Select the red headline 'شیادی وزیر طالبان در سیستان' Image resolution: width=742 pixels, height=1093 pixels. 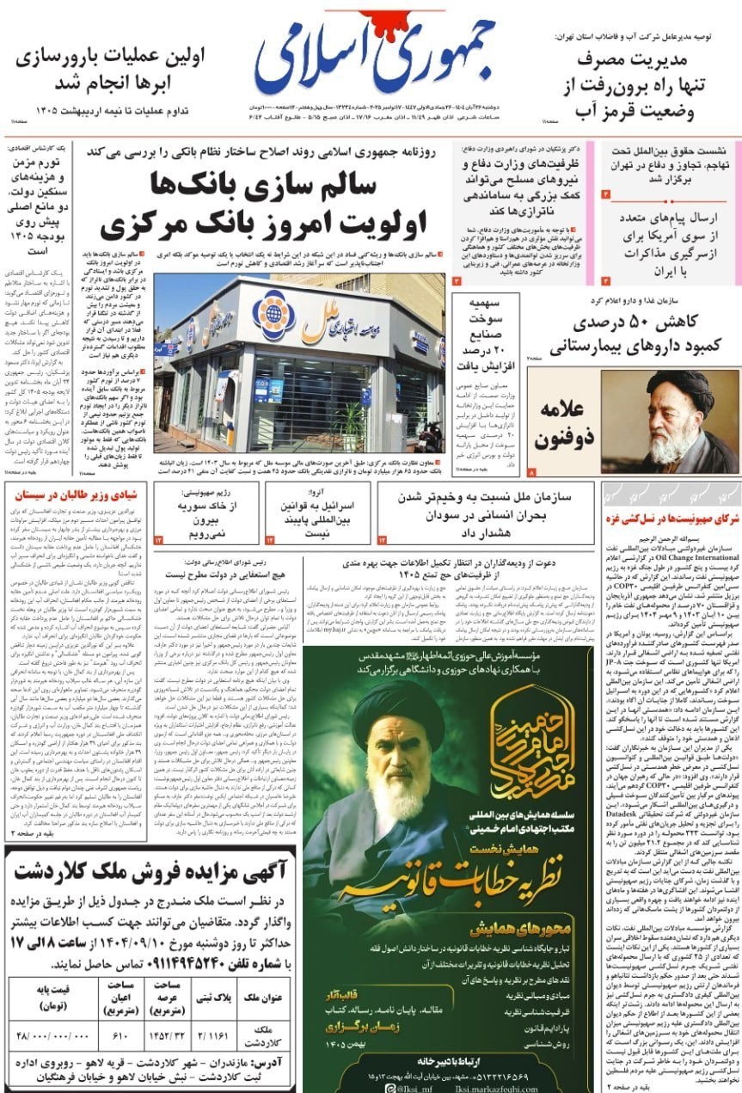(x=77, y=494)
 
